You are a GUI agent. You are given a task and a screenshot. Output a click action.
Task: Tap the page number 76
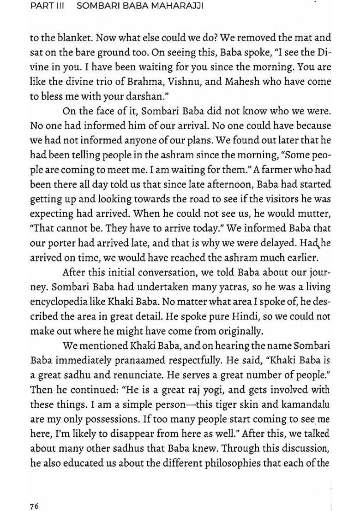(x=34, y=493)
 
